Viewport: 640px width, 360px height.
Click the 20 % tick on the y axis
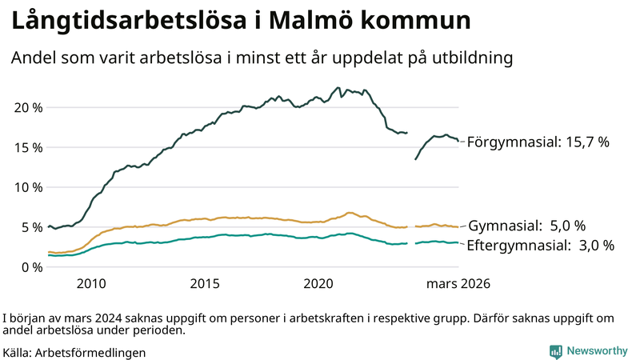coord(27,107)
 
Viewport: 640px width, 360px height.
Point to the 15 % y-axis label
coord(27,147)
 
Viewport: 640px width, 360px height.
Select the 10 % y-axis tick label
coord(27,187)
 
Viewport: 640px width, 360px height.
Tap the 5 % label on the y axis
coord(30,227)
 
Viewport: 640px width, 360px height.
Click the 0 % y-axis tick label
coord(30,267)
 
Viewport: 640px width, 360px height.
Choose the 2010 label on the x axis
coord(91,283)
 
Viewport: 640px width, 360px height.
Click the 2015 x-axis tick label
coord(205,283)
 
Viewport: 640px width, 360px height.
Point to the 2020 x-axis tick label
coord(318,283)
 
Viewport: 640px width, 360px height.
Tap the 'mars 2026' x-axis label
coord(458,283)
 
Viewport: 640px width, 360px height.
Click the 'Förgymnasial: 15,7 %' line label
coord(538,142)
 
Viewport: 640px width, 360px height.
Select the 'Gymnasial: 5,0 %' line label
coord(526,226)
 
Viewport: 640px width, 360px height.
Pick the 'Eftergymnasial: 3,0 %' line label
coord(540,246)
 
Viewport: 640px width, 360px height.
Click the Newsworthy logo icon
coord(555,351)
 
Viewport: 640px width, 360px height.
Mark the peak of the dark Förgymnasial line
coord(338,88)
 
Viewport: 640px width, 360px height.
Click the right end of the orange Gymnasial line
coord(458,227)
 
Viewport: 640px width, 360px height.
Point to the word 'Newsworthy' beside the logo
coord(598,351)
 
